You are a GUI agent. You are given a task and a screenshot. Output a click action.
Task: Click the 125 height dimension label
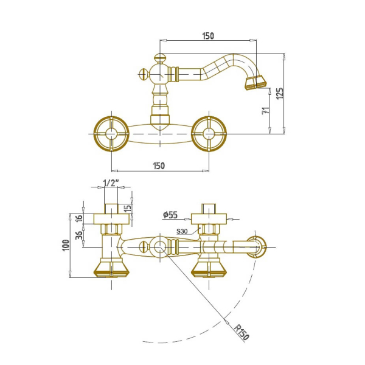point(280,93)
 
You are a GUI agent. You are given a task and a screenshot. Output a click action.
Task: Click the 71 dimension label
point(266,110)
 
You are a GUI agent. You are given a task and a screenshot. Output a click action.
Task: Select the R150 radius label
point(242,332)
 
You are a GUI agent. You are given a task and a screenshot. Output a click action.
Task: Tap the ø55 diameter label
point(170,215)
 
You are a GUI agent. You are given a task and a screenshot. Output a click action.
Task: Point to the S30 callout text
point(182,231)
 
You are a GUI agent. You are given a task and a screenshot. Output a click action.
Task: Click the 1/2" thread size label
point(111,183)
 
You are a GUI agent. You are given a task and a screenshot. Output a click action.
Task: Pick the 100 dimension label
point(66,245)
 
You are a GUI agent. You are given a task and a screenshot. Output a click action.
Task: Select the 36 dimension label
point(79,235)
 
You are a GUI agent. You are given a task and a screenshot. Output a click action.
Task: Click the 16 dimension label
point(79,218)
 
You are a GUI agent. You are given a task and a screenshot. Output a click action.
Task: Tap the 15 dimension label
point(128,207)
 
